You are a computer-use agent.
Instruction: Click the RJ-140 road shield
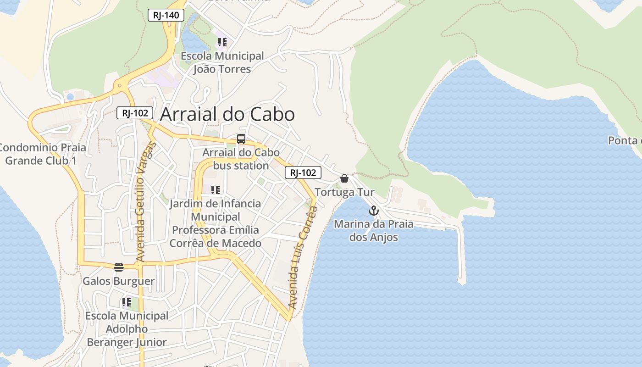click(166, 15)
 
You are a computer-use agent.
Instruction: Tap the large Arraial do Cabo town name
click(227, 114)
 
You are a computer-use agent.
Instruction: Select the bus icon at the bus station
click(241, 139)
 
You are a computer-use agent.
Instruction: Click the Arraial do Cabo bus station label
click(241, 159)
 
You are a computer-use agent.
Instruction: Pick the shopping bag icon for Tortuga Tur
click(344, 178)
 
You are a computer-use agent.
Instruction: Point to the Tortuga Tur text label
click(344, 192)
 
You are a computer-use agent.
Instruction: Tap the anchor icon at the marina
click(374, 211)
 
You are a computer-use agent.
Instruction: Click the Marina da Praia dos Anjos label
click(373, 231)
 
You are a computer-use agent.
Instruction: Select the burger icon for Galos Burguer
click(119, 267)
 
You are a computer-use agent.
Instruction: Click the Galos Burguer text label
click(118, 281)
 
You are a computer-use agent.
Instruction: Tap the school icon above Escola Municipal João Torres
click(222, 43)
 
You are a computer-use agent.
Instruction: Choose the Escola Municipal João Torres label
click(222, 62)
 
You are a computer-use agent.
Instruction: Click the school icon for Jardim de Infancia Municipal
click(215, 189)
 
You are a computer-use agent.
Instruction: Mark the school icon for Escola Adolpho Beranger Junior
click(126, 302)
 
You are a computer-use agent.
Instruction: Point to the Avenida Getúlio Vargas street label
click(146, 202)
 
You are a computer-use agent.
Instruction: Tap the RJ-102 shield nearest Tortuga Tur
click(303, 172)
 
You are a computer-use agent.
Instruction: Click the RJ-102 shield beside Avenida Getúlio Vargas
click(134, 113)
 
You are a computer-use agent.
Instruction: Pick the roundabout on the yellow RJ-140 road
click(120, 85)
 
